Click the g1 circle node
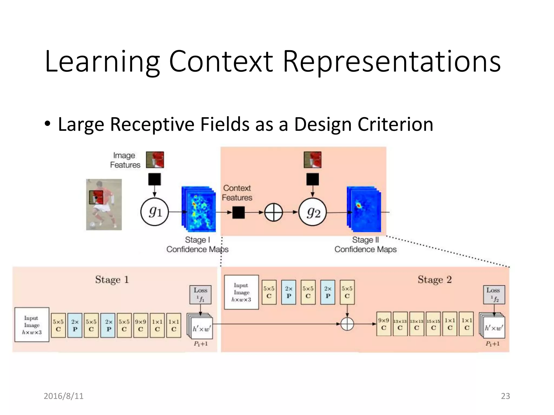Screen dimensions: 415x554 tap(155, 212)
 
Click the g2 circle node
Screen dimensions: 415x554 tap(312, 212)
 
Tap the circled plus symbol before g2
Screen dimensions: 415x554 tap(273, 212)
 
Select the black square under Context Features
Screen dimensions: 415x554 tap(239, 212)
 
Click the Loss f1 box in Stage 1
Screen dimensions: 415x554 tap(200, 294)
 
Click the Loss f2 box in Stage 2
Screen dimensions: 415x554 tap(494, 294)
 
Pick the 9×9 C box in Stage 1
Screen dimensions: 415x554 tap(141, 325)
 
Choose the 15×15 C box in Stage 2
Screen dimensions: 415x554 tap(433, 324)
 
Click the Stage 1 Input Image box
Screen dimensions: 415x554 tap(32, 324)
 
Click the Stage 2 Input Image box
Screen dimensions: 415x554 tap(241, 292)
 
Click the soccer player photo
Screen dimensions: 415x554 tap(104, 205)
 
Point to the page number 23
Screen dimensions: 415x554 tap(505, 396)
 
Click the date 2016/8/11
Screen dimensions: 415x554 tap(64, 396)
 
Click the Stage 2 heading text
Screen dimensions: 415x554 tap(435, 279)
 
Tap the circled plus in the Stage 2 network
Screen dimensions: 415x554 tap(347, 324)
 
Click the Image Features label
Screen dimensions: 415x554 tap(125, 160)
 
